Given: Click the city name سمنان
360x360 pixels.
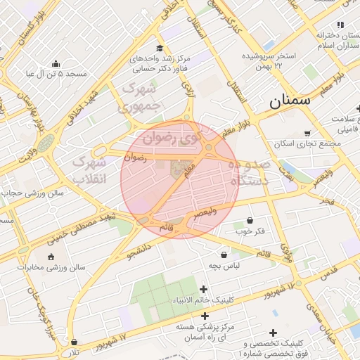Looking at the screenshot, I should pos(289,101).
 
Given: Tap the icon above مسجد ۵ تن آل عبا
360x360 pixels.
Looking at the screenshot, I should pos(56,63).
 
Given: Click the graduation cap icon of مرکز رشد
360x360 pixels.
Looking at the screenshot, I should pos(160,49).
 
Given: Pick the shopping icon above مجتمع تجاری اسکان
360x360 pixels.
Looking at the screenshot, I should pos(307,133).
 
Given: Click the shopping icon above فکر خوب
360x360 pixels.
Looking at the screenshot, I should pos(250,220).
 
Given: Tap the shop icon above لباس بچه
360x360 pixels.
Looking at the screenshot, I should pos(224,255).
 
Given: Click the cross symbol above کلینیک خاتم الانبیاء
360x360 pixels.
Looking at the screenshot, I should pos(204,289).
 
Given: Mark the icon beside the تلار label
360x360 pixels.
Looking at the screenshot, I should pos(74,342).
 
